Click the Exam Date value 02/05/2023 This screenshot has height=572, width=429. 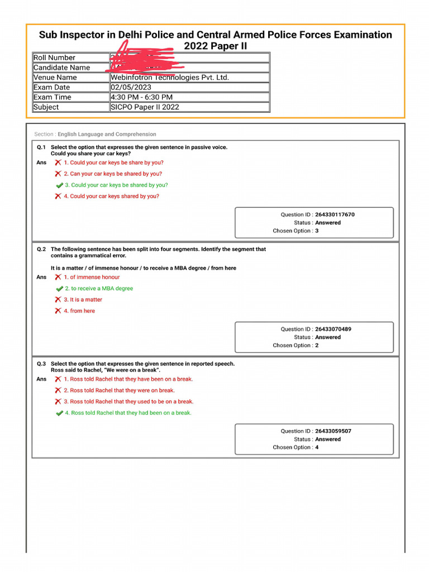click(x=131, y=87)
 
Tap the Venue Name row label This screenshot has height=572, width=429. click(x=55, y=78)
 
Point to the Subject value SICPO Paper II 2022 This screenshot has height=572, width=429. click(x=145, y=107)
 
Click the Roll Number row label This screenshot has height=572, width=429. click(x=54, y=58)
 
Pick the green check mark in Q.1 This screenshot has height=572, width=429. click(x=59, y=185)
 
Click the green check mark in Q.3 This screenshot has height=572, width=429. click(x=59, y=413)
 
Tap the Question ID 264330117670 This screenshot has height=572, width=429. click(x=335, y=214)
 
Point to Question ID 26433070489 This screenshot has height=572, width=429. click(x=333, y=330)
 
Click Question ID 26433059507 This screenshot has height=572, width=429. click(x=333, y=431)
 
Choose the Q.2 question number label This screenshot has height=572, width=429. click(x=41, y=250)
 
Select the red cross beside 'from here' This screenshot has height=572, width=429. click(x=58, y=311)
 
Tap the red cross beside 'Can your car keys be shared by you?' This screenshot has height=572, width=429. click(x=58, y=174)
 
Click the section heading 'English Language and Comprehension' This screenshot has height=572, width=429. click(x=107, y=135)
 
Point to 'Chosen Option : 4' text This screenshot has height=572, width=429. click(x=295, y=447)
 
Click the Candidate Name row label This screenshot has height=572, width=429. click(x=61, y=68)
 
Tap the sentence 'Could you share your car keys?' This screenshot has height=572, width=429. click(x=90, y=154)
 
